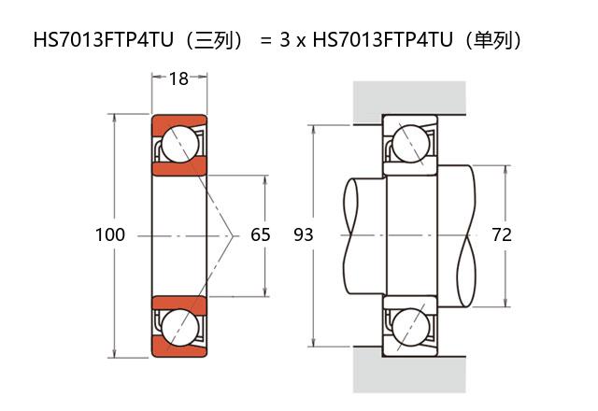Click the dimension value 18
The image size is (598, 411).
click(178, 79)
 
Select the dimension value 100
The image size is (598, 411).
click(110, 234)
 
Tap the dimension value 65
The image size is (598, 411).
click(261, 234)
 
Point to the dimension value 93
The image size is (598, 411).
click(304, 234)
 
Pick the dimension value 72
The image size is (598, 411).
click(502, 234)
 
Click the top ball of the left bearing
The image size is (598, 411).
click(178, 145)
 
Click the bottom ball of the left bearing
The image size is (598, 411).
click(178, 326)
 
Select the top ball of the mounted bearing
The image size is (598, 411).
click(410, 145)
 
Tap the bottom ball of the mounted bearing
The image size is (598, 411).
click(410, 326)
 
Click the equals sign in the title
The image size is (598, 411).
click(266, 41)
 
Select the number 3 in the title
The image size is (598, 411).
click(285, 41)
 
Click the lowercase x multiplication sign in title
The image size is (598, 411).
click(301, 42)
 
